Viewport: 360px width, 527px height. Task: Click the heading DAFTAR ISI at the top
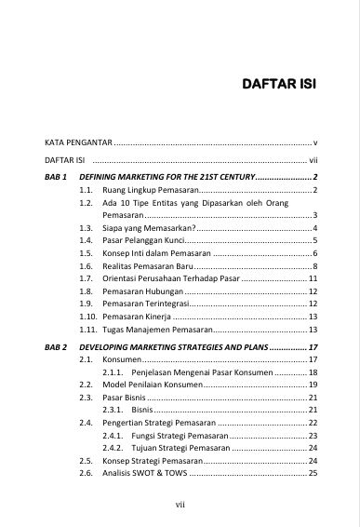(278, 84)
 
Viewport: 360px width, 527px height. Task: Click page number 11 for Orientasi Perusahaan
(313, 278)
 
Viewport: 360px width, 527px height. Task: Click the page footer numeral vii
(180, 506)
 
